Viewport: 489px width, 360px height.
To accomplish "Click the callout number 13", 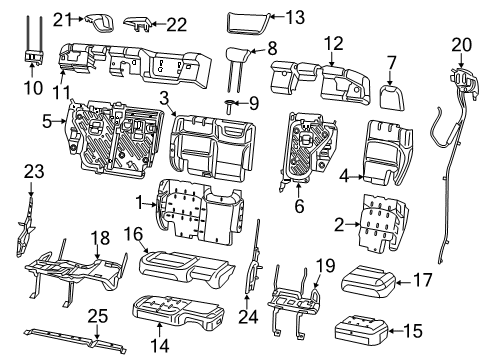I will (295, 16).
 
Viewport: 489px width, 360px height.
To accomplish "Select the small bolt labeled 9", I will (231, 102).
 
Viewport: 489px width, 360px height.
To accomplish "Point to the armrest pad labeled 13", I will (245, 18).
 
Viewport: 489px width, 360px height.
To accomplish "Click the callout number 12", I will (333, 44).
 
